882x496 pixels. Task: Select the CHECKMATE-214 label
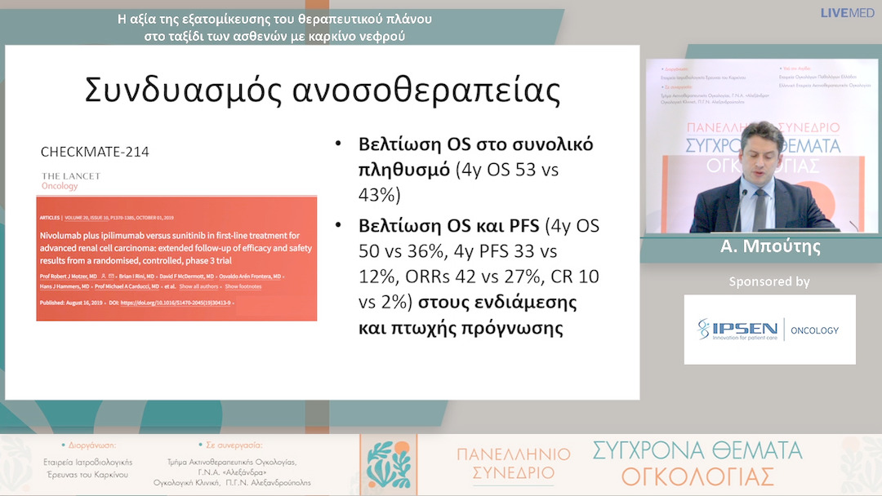95,152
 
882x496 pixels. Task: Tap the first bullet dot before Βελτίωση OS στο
338,145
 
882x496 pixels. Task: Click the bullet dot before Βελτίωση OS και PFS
338,224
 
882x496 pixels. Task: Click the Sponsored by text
769,282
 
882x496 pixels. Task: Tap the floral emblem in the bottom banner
388,465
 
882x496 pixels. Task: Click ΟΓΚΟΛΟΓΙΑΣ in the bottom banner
696,476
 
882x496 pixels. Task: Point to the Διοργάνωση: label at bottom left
88,446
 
